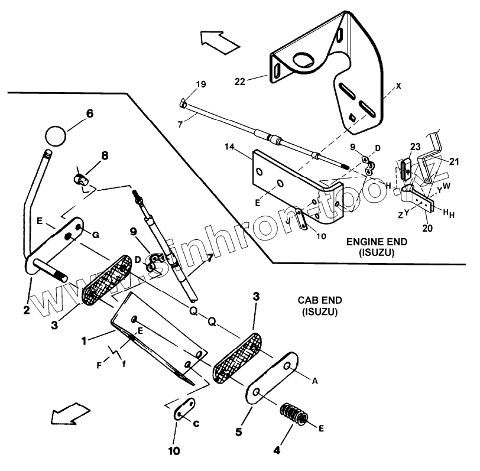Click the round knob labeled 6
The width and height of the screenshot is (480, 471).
click(54, 135)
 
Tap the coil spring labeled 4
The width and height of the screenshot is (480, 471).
click(296, 414)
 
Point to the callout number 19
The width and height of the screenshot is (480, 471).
click(201, 85)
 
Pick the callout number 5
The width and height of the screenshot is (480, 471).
click(239, 432)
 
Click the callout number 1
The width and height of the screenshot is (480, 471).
click(85, 342)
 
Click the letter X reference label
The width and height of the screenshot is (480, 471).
click(399, 86)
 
